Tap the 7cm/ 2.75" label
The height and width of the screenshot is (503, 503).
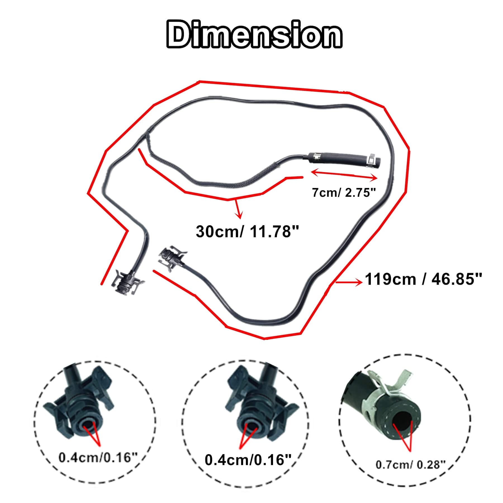[x=344, y=193]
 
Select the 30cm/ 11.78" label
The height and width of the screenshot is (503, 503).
[x=247, y=232]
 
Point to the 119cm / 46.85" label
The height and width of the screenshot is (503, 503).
[x=423, y=279]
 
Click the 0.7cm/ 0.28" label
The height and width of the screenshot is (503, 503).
[x=410, y=465]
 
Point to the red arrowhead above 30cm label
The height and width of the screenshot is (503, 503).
[x=239, y=215]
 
